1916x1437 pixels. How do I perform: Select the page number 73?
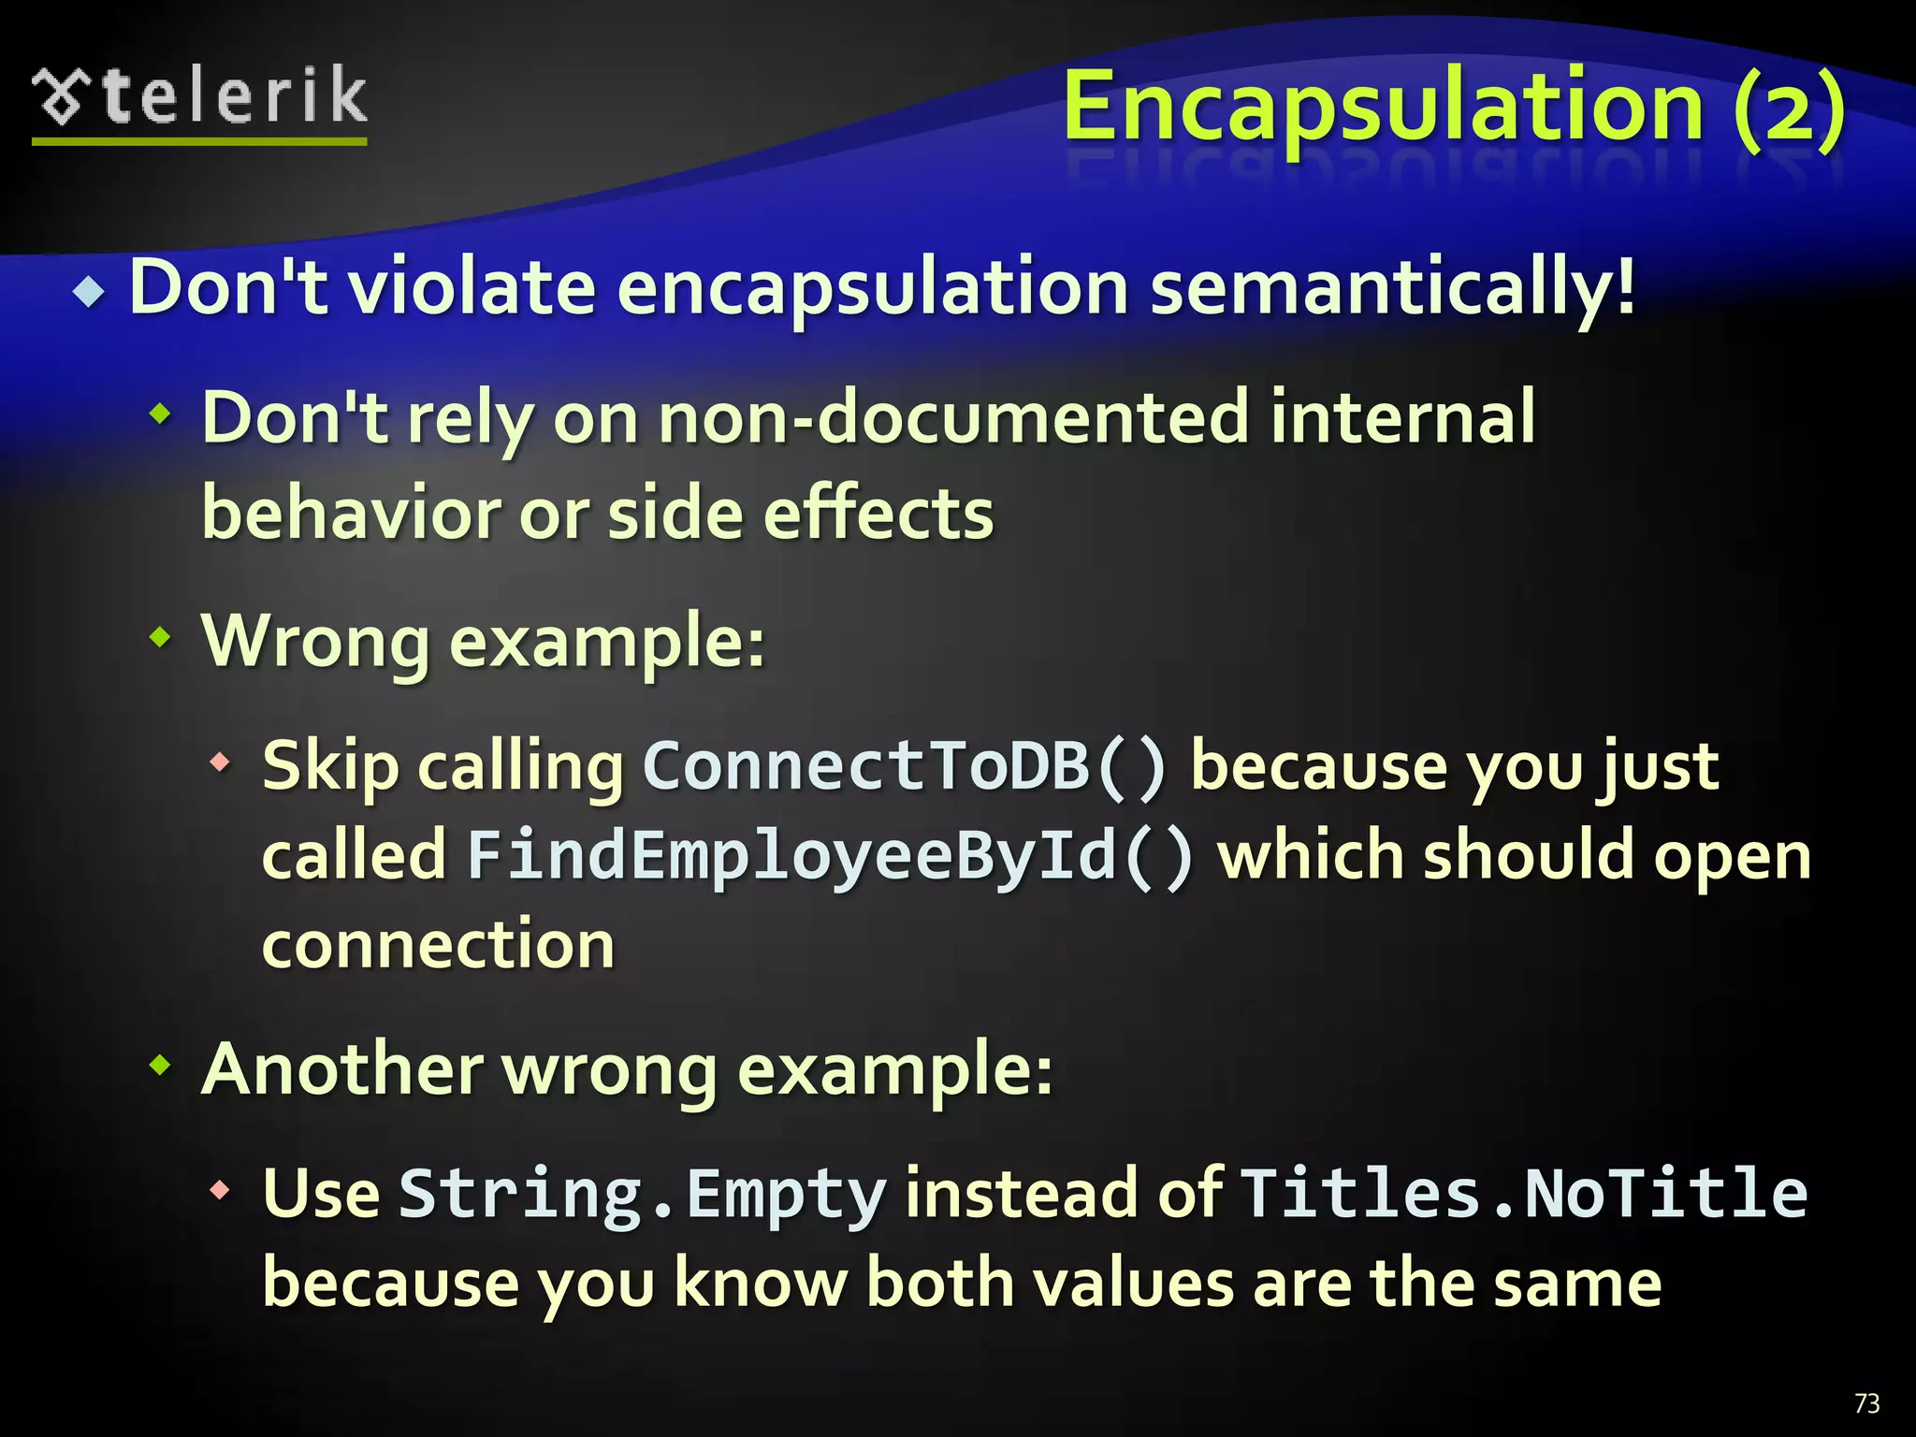(1866, 1403)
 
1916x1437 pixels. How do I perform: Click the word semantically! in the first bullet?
(1393, 288)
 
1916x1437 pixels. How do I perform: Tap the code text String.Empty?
(642, 1194)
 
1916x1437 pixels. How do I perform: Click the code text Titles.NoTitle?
(1524, 1194)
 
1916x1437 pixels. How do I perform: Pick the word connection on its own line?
(438, 945)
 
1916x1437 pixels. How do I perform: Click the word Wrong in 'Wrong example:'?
(315, 642)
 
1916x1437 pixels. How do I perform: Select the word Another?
(341, 1069)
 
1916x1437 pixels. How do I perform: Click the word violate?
(472, 288)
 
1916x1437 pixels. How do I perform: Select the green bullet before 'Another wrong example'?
(161, 1064)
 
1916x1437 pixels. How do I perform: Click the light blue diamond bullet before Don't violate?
(89, 292)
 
